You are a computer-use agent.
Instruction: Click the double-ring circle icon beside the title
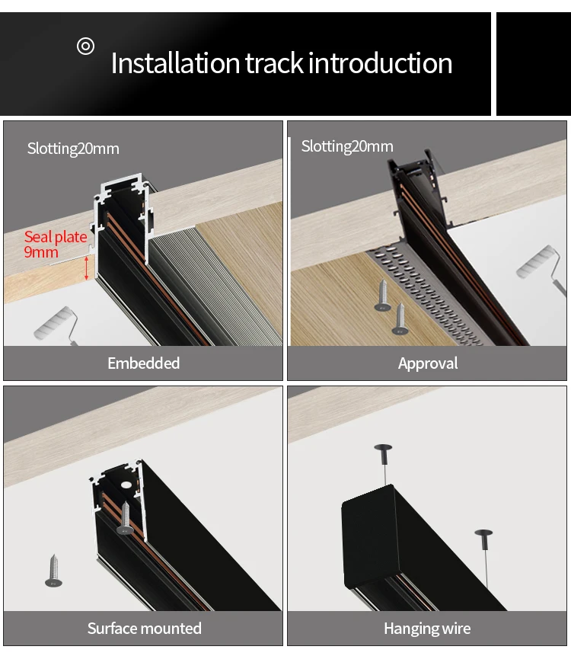pyautogui.click(x=86, y=46)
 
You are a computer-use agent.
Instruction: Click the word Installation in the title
pyautogui.click(x=175, y=63)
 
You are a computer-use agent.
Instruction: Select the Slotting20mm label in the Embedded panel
pyautogui.click(x=73, y=149)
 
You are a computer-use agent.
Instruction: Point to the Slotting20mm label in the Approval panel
pyautogui.click(x=347, y=146)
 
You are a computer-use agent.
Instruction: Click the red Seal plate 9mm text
pyautogui.click(x=55, y=244)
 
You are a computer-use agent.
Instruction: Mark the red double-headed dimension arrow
pyautogui.click(x=87, y=267)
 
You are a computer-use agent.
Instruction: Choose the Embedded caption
pyautogui.click(x=143, y=363)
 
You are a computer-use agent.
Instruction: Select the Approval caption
pyautogui.click(x=428, y=363)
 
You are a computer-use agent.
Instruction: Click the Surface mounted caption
pyautogui.click(x=144, y=629)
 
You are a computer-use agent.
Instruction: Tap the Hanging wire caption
pyautogui.click(x=427, y=629)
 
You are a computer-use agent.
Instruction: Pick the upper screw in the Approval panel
pyautogui.click(x=382, y=296)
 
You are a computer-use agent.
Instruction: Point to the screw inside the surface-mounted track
pyautogui.click(x=125, y=518)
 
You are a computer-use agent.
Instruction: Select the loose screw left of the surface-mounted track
pyautogui.click(x=53, y=571)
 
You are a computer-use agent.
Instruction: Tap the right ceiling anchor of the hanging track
pyautogui.click(x=483, y=535)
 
